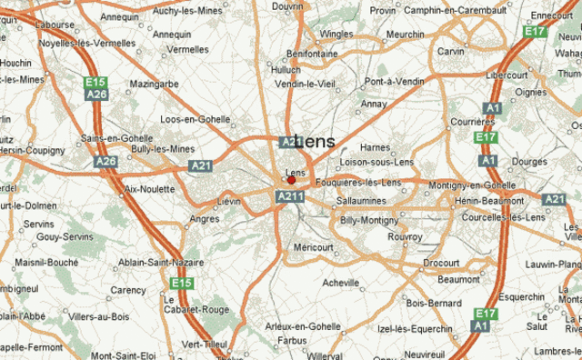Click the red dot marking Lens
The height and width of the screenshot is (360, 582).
pyautogui.click(x=291, y=180)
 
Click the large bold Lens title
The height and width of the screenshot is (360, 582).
pyautogui.click(x=315, y=142)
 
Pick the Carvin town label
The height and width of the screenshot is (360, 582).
pyautogui.click(x=450, y=52)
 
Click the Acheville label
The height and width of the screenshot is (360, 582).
pyautogui.click(x=342, y=283)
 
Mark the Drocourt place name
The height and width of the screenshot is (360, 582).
pyautogui.click(x=441, y=263)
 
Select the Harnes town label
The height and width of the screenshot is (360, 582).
pyautogui.click(x=375, y=148)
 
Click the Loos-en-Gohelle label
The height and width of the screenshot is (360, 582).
pyautogui.click(x=196, y=119)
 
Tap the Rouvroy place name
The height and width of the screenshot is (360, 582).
pyautogui.click(x=406, y=236)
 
